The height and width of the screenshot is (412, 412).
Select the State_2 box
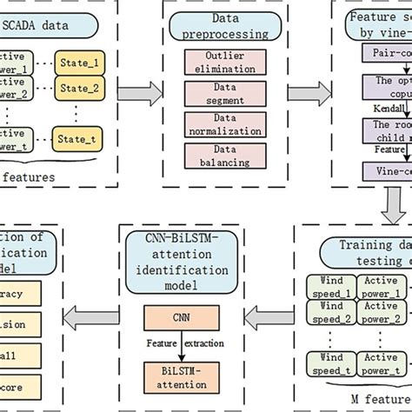[x=77, y=87]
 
